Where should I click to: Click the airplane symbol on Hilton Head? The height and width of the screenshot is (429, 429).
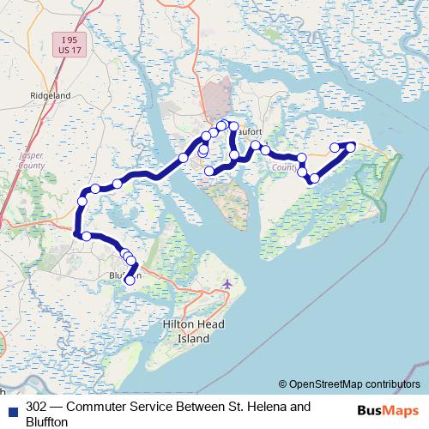pyautogui.click(x=227, y=284)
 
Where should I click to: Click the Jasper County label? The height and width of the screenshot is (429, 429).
pyautogui.click(x=30, y=161)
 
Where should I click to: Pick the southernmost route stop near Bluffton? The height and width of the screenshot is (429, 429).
pyautogui.click(x=130, y=279)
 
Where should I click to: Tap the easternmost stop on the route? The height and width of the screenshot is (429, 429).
pyautogui.click(x=350, y=147)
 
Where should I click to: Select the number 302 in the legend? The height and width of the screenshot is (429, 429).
pyautogui.click(x=37, y=406)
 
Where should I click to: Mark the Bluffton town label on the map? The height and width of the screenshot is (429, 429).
pyautogui.click(x=120, y=275)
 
